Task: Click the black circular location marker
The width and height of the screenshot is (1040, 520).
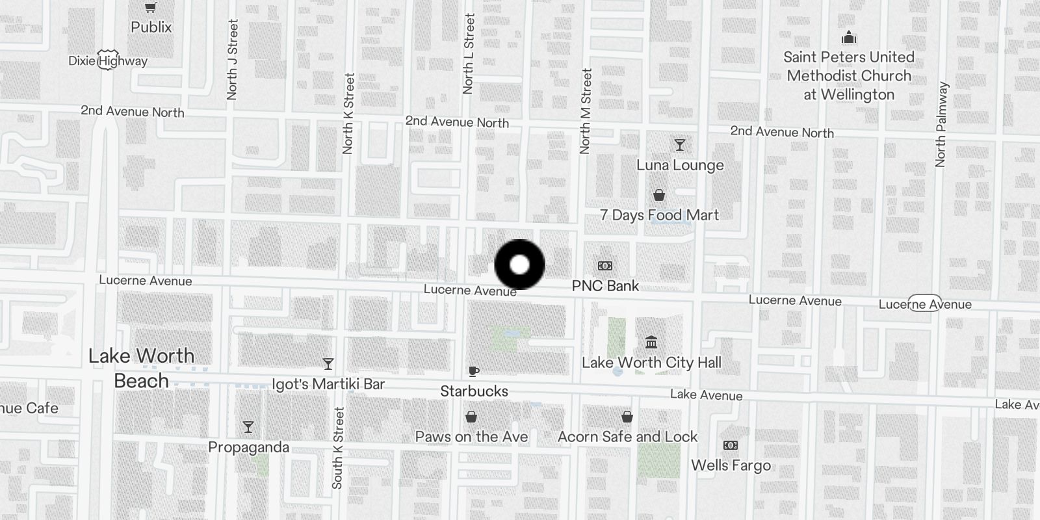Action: [519, 265]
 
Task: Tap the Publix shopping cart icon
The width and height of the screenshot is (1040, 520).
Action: [151, 8]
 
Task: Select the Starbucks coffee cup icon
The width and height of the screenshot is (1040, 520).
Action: [474, 371]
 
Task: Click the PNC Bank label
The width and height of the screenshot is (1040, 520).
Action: [605, 286]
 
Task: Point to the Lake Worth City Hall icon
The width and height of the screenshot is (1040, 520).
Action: [651, 342]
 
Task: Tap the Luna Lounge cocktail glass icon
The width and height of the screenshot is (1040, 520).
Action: [680, 144]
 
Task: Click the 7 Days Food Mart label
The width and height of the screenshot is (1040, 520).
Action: [659, 215]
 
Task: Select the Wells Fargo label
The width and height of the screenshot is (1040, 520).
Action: [731, 465]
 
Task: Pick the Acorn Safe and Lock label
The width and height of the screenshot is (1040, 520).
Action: [627, 437]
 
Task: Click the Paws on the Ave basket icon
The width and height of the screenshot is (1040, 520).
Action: [471, 417]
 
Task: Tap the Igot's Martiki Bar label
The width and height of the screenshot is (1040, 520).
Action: [328, 384]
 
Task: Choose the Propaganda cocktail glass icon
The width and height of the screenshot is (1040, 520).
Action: [248, 427]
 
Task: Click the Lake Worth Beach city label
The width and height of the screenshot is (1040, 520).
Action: [141, 368]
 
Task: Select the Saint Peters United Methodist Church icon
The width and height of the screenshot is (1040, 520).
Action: [849, 38]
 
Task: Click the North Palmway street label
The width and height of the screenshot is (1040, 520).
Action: [941, 125]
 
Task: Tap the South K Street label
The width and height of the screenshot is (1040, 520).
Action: [337, 448]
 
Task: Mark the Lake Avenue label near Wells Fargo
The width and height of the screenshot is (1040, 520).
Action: [706, 395]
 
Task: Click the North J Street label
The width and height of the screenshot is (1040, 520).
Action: [232, 60]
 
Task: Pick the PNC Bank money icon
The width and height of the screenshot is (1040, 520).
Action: [605, 266]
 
